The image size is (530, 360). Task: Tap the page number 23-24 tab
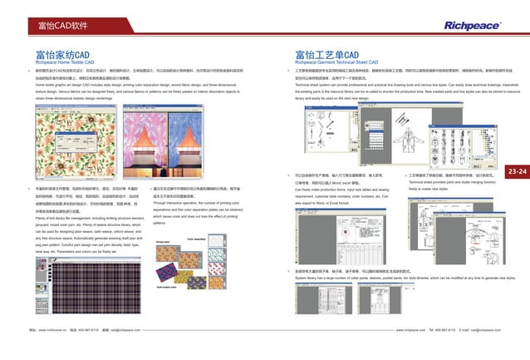pyautogui.click(x=518, y=171)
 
